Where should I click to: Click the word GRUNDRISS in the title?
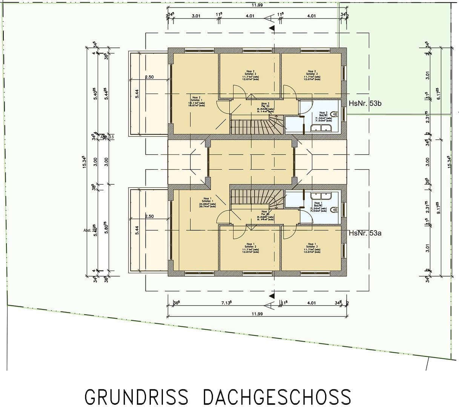[x=136, y=397]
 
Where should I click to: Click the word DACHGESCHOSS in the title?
[x=277, y=397]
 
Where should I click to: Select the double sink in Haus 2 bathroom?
[x=321, y=129]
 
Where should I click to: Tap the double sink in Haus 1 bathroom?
[x=321, y=196]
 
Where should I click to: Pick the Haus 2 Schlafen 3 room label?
[x=312, y=75]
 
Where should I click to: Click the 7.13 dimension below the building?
[x=226, y=303]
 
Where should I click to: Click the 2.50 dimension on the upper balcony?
[x=149, y=77]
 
